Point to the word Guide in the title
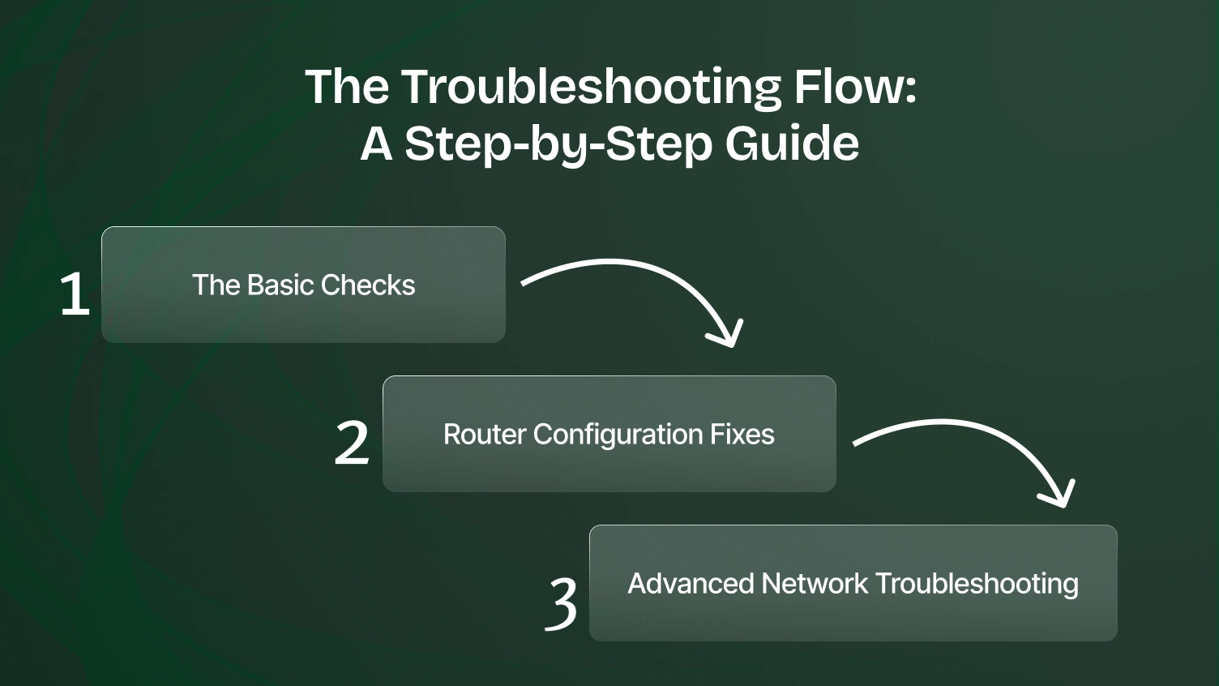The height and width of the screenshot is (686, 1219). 792,143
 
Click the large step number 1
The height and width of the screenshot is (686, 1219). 75,294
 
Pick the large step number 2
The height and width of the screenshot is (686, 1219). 352,443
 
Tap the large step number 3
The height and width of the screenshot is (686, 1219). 561,603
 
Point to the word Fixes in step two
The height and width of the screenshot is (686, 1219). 742,435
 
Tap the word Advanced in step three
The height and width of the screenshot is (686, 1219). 691,584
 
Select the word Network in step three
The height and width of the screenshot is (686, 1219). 815,584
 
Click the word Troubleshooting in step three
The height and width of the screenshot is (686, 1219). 977,584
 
